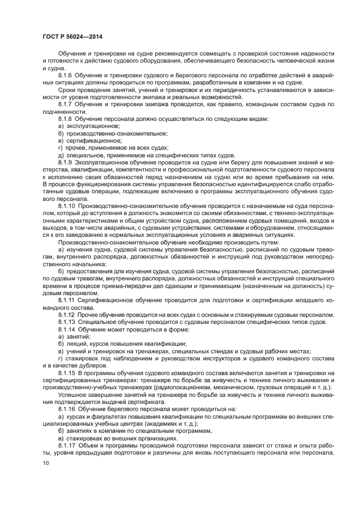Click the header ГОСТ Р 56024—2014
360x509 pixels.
point(73,37)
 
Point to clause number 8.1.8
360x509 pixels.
point(65,118)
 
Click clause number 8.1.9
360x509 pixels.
point(65,162)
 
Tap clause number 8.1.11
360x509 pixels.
point(67,300)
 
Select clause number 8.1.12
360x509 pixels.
point(67,315)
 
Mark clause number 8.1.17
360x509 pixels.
point(67,445)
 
